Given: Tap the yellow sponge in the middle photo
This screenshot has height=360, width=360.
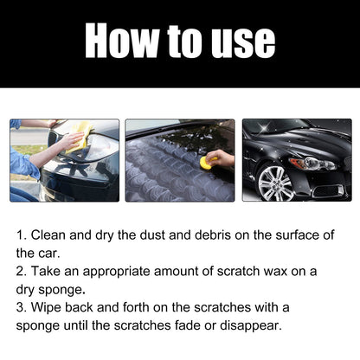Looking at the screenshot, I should tap(206, 162).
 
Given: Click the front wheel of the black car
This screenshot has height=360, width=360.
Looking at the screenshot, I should tap(273, 183).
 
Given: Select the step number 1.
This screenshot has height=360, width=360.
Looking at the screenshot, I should tap(21, 235).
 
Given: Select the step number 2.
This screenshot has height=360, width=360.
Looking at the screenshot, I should tap(21, 271).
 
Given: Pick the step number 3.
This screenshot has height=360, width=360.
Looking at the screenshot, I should tap(21, 308).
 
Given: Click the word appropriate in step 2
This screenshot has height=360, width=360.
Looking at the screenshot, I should tap(125, 271).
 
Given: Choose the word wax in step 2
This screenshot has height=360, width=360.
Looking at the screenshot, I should tap(286, 271).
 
